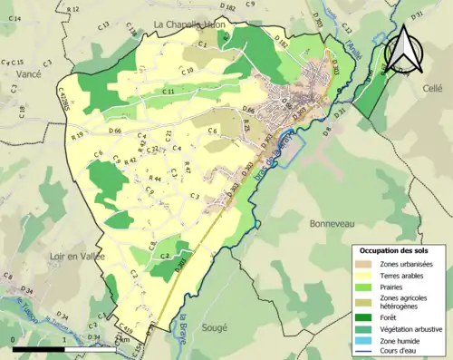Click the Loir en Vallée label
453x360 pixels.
[77, 257]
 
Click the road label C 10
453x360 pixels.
[188, 71]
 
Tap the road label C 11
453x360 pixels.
[169, 92]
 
